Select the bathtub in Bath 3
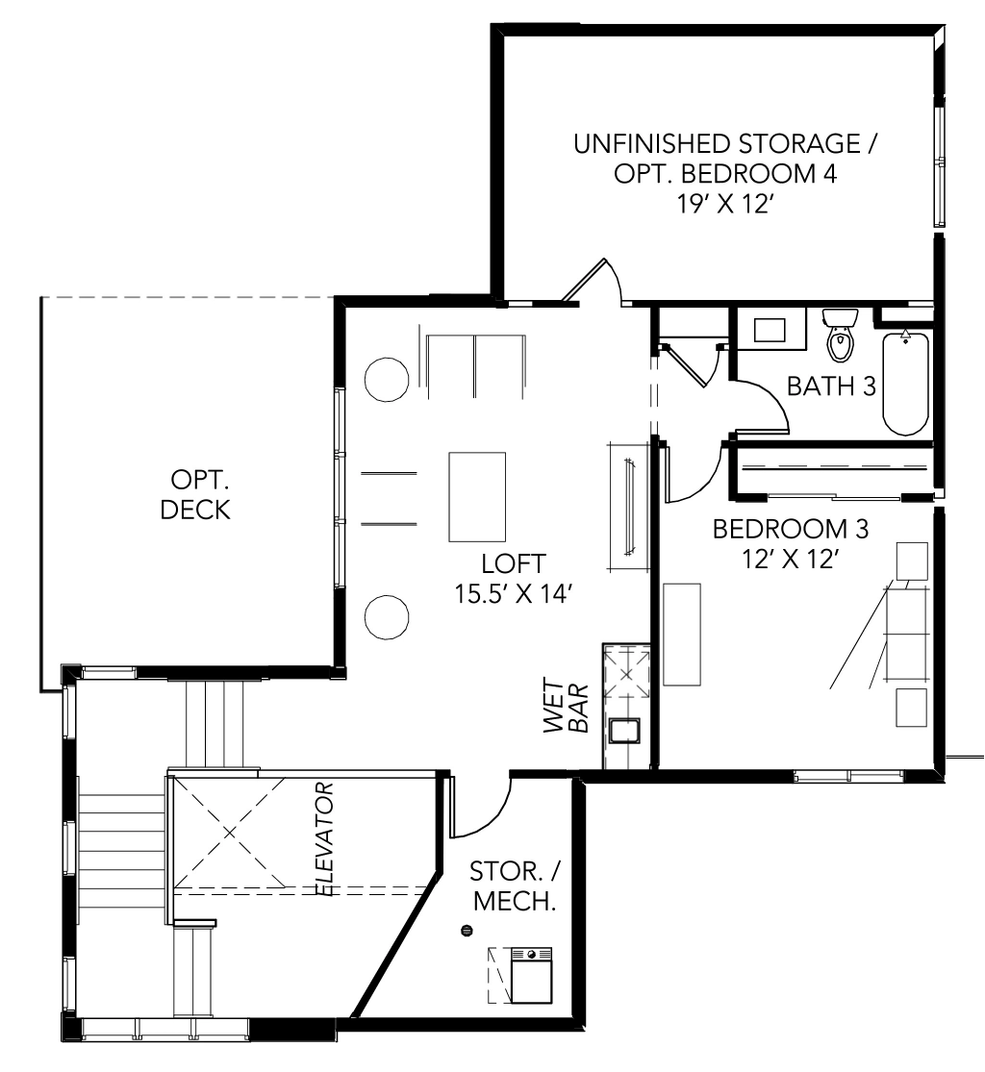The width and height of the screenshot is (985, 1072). click(x=905, y=383)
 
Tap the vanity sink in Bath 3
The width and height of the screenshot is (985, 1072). click(x=770, y=330)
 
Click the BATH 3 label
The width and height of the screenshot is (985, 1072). click(x=831, y=386)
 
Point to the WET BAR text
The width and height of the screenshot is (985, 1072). click(x=566, y=706)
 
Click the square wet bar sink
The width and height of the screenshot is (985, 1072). click(x=624, y=731)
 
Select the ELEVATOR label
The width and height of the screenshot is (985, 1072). click(x=324, y=839)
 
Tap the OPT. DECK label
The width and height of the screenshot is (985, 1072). click(x=196, y=494)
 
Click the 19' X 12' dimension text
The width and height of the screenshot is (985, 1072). click(x=725, y=204)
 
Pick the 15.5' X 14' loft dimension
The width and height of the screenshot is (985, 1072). click(x=513, y=593)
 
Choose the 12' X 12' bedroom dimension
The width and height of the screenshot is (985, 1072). click(x=791, y=559)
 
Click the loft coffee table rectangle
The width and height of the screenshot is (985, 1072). click(x=477, y=496)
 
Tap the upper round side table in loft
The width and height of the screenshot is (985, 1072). click(x=387, y=380)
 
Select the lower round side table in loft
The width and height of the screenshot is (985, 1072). click(x=387, y=617)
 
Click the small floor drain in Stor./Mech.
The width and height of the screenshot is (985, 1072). click(x=467, y=931)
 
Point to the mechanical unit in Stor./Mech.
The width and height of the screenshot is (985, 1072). click(x=532, y=976)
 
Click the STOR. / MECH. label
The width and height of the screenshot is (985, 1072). click(x=515, y=886)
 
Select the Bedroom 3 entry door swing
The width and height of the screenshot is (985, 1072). click(x=701, y=479)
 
